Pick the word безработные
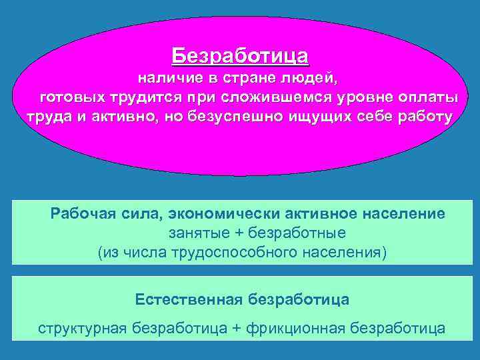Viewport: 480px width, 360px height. coord(289,234)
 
